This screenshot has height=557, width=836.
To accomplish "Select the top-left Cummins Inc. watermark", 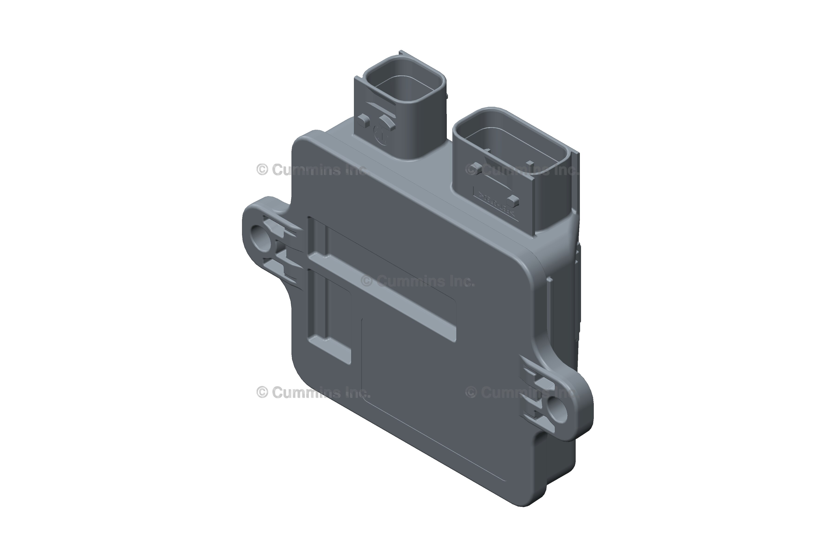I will (x=311, y=170).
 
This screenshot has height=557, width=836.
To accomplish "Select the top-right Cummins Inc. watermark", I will (x=522, y=170).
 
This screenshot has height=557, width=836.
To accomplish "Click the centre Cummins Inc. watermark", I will (x=418, y=281).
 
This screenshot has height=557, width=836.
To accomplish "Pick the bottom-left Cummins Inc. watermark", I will (x=313, y=392).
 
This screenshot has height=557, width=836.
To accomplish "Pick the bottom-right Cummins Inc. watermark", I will (x=519, y=392).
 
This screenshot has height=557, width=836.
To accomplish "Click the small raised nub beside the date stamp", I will (x=362, y=121).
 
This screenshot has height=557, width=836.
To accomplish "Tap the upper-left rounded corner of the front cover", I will (x=302, y=142).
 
